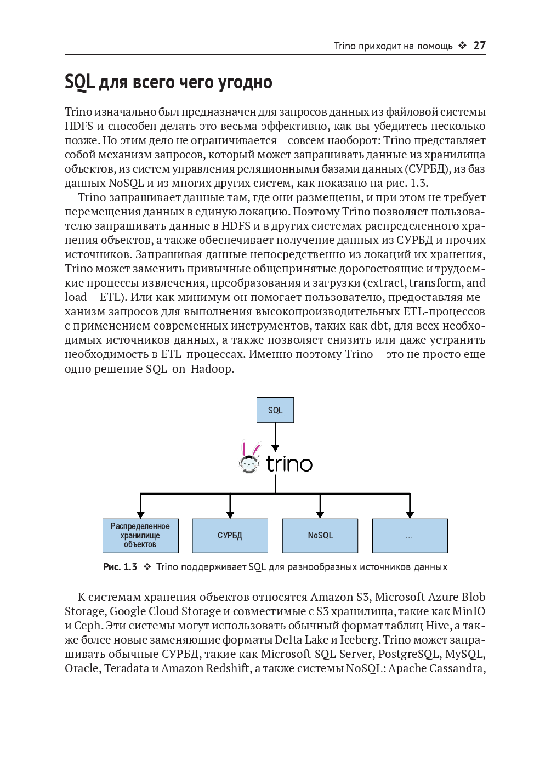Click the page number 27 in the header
point(479,46)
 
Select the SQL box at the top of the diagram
point(275,410)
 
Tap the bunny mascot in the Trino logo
point(250,457)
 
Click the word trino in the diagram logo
point(289,464)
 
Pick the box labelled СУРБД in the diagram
point(230,536)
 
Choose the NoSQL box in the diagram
point(320,536)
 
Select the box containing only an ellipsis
point(410,536)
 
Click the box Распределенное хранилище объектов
point(140,536)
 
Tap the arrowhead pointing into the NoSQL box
point(320,514)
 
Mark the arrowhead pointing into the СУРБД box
point(230,514)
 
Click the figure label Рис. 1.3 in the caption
point(120,567)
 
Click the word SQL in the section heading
point(79,82)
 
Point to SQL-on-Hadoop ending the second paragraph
point(189,368)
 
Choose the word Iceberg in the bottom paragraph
point(360,640)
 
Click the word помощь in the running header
point(435,46)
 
